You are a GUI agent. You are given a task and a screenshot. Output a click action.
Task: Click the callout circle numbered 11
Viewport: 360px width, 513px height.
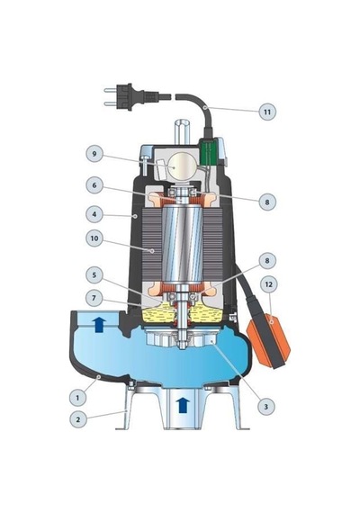tap(267, 112)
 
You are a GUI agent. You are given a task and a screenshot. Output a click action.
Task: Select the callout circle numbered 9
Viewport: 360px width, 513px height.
tap(94, 154)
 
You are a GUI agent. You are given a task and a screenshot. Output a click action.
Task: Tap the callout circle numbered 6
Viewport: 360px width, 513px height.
tap(94, 185)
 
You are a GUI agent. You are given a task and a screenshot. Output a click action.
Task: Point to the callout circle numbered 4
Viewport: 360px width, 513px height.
tap(94, 214)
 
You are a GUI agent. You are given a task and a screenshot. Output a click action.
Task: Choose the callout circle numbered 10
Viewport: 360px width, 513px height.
tap(94, 238)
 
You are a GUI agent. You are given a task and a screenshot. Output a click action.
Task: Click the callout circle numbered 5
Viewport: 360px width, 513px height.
tap(94, 274)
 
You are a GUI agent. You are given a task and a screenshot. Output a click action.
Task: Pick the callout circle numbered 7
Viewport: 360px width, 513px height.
tap(94, 298)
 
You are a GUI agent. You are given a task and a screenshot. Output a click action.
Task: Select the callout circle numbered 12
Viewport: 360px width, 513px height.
tap(268, 284)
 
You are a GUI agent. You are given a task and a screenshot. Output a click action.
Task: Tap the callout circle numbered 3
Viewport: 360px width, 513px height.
tap(265, 407)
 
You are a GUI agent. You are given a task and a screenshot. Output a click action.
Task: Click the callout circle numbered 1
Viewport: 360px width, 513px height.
tap(77, 398)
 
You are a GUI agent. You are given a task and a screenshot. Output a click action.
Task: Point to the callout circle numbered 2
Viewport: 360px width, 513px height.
tap(78, 419)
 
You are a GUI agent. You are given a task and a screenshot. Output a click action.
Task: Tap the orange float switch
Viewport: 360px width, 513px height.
tap(268, 340)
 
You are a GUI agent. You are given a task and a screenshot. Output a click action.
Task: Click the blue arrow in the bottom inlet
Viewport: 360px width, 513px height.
tap(183, 406)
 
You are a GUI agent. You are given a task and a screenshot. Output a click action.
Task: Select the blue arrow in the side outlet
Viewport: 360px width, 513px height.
tap(99, 325)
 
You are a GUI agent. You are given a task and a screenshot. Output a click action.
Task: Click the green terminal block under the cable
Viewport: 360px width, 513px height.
tap(208, 152)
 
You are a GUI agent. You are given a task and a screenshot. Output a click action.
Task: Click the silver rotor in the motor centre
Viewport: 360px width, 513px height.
tap(183, 245)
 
